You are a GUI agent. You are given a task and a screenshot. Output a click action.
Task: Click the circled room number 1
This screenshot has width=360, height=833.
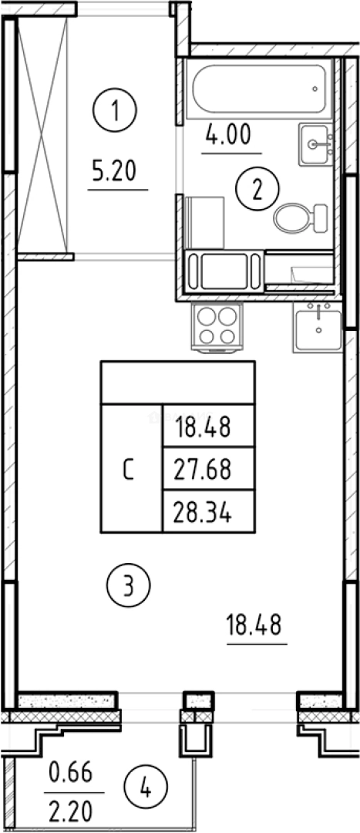point(115,110)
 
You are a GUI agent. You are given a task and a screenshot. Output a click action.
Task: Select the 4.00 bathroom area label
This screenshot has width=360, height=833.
point(228,135)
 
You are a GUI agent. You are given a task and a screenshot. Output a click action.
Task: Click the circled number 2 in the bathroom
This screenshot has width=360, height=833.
point(257,189)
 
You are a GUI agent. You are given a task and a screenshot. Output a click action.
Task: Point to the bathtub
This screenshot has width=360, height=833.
point(258,89)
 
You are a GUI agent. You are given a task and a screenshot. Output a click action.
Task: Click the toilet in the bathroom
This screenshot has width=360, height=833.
point(301,218)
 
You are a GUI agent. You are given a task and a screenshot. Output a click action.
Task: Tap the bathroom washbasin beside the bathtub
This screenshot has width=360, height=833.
point(316,144)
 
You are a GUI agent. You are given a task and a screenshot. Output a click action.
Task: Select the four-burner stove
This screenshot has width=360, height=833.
point(217,326)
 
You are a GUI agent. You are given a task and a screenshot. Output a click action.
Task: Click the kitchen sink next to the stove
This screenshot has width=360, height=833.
point(318,328)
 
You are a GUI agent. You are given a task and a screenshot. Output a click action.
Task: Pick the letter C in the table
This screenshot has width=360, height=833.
point(128,470)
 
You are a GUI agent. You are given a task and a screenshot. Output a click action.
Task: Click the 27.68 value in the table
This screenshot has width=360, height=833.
point(204,469)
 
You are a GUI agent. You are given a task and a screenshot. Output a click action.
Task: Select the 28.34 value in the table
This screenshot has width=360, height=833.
point(204,513)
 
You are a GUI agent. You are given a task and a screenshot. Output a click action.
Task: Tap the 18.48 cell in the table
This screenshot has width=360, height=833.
point(204,427)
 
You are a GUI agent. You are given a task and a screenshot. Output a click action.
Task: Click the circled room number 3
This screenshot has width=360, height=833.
point(129,585)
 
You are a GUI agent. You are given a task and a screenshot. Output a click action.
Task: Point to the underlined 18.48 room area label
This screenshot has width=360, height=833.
point(254,625)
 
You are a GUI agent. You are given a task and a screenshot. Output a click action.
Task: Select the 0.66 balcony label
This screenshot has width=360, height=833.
point(71,772)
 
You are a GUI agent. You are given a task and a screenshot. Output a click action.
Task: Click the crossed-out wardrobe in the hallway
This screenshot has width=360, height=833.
point(42,135)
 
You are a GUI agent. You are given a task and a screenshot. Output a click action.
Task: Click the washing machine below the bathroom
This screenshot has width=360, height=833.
point(224,271)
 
